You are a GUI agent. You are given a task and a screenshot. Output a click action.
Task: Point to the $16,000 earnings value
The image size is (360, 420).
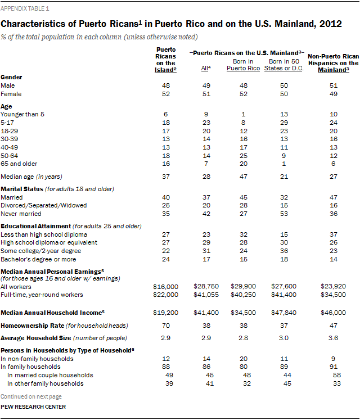tap(166, 287)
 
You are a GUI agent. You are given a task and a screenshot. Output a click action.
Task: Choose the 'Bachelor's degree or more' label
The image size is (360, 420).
tap(36, 259)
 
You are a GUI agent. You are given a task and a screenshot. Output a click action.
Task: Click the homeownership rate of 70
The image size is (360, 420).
tap(166, 325)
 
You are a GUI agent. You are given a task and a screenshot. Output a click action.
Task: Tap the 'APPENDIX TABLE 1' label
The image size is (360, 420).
tap(27, 9)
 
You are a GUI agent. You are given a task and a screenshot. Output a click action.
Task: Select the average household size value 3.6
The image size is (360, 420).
tap(334, 337)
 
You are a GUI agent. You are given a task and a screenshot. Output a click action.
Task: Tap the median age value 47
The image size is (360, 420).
tap(243, 177)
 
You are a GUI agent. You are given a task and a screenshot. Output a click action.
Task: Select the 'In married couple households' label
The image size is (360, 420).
tap(51, 375)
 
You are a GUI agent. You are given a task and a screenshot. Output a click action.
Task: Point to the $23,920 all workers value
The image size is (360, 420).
tap(334, 287)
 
